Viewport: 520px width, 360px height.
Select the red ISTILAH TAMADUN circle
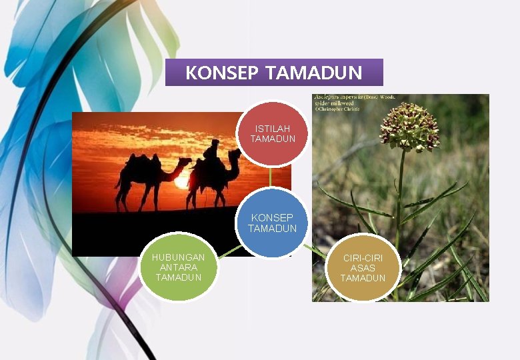click(x=272, y=133)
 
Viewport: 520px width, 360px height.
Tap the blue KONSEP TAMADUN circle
click(x=272, y=223)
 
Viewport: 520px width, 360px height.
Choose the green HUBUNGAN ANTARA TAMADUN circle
click(x=178, y=267)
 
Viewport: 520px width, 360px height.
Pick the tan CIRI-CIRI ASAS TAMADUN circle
click(x=363, y=267)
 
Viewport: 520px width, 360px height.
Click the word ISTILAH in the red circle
click(x=273, y=129)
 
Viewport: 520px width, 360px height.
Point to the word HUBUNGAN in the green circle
click(x=178, y=257)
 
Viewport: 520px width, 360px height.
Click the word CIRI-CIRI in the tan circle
click(x=363, y=258)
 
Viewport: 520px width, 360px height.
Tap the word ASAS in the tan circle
click(x=363, y=268)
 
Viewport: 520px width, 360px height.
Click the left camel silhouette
click(x=147, y=173)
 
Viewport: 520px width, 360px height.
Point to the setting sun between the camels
click(x=181, y=182)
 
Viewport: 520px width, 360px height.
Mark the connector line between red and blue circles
click(x=271, y=177)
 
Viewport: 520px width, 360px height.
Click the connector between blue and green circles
click(x=229, y=251)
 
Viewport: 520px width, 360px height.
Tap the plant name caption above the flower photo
click(x=354, y=102)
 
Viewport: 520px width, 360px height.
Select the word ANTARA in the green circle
click(x=178, y=267)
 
